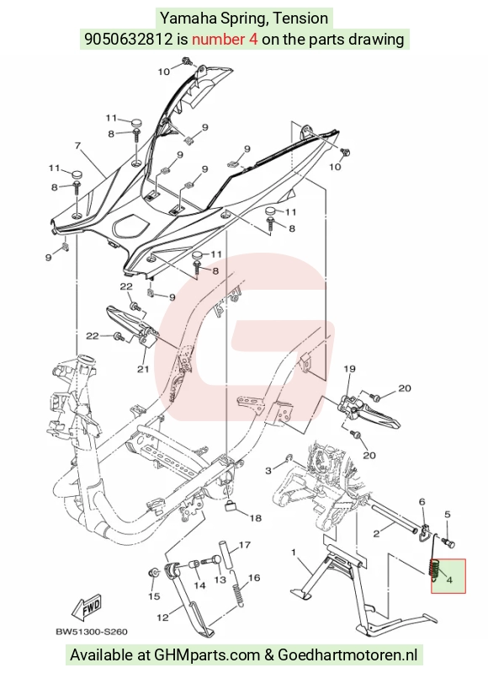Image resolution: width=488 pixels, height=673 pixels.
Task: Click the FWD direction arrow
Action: pos(88,608)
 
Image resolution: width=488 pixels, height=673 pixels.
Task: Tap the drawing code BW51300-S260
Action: pos(92,632)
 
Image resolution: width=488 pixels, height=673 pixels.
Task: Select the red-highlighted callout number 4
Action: pos(449,580)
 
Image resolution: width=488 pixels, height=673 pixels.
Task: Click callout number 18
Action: pos(255,518)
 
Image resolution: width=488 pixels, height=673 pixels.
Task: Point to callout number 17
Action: pos(245,545)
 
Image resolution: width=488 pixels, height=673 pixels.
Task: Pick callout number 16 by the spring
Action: pos(254,578)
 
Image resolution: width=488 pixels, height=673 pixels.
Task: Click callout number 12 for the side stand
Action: pos(162,617)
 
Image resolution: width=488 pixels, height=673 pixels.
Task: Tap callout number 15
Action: pos(154,596)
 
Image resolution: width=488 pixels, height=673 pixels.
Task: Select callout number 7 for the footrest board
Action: pos(77,146)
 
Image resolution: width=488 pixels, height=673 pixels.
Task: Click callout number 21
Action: pos(143,368)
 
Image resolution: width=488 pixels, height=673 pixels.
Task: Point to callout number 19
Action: pos(349,368)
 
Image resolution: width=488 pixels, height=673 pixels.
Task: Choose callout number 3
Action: pos(268,471)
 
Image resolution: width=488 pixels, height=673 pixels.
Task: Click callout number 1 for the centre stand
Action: pos(294,552)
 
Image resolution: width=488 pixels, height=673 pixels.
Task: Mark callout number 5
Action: pos(448,514)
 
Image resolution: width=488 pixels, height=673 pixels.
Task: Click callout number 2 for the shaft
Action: pos(376,534)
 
